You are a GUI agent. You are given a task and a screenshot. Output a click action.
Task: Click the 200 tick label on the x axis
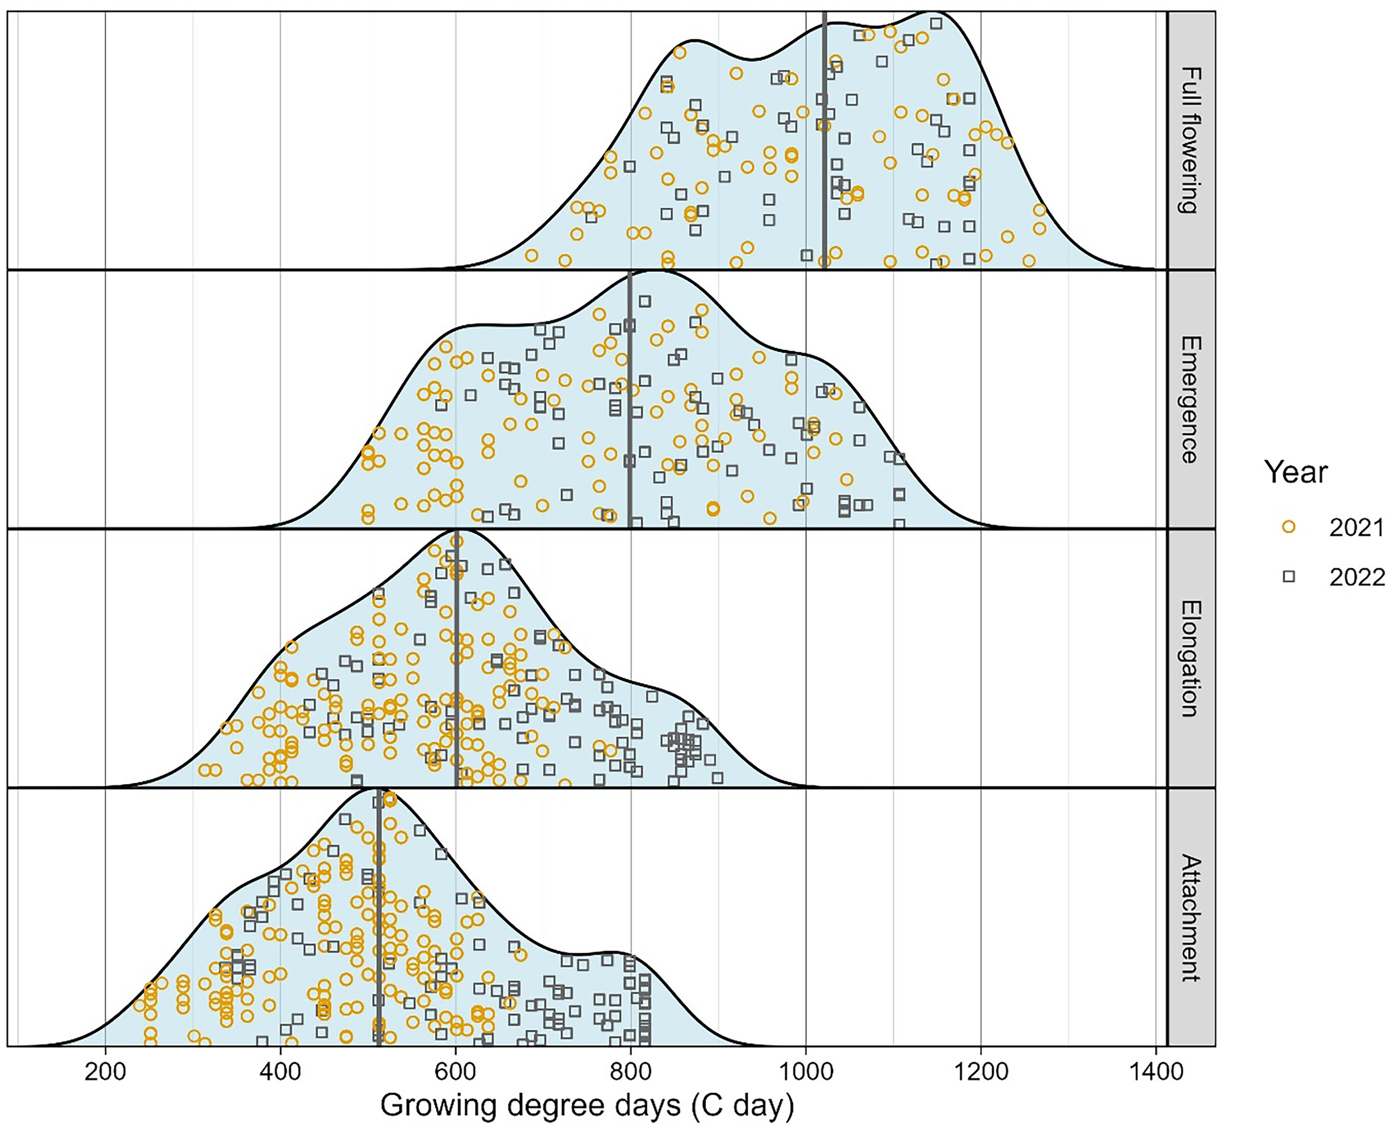105,1073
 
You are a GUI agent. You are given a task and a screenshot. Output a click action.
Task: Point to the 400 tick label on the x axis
280,1073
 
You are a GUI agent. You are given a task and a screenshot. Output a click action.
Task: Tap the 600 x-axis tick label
455,1073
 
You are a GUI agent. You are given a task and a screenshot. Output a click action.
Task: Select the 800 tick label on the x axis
631,1073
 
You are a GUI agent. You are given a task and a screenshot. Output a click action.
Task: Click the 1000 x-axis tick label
806,1073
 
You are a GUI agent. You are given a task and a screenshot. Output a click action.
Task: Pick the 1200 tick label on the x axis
981,1073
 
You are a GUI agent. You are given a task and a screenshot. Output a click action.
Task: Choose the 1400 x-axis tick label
1156,1073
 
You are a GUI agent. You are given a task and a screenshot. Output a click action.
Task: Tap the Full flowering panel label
1191,140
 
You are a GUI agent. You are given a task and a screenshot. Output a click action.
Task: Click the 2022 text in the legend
1357,578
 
